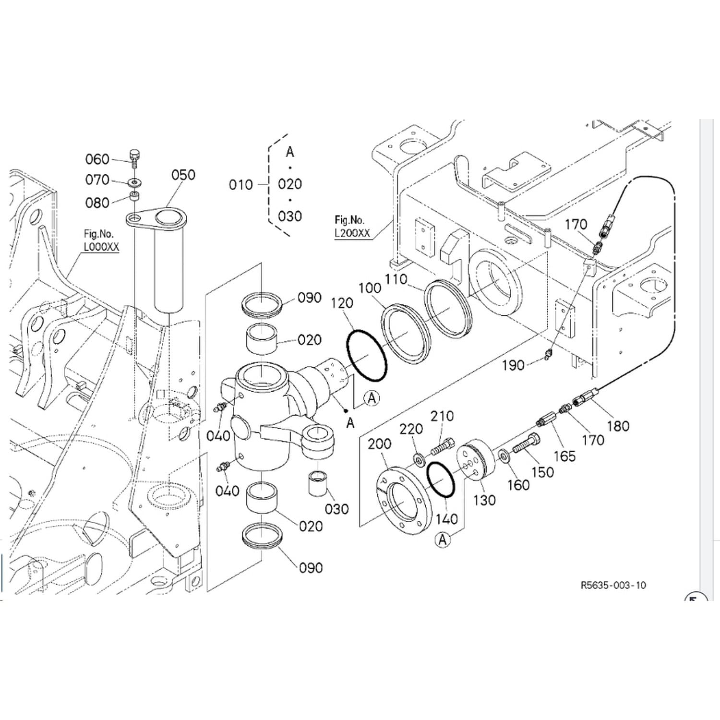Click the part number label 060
(97, 159)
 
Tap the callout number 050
(183, 175)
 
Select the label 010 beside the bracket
(241, 185)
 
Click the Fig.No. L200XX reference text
(352, 227)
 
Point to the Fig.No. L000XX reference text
(101, 240)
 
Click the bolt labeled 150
(527, 443)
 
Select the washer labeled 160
(504, 455)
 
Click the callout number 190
(513, 366)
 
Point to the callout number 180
(618, 426)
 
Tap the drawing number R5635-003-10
(613, 585)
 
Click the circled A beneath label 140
(443, 540)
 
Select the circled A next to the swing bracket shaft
(372, 398)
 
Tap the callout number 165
(564, 456)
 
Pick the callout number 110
(396, 279)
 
